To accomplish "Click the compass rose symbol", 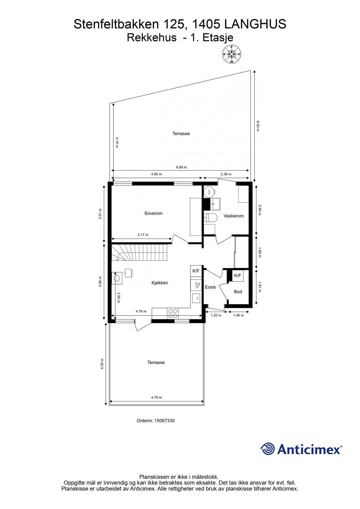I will pos(232,54).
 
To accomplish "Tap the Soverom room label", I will pos(153,213).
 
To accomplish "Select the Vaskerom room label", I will pos(233,216).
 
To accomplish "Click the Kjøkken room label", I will pos(159,283).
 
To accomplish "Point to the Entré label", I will pos(210,287).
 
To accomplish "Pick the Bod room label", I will pos(238,292).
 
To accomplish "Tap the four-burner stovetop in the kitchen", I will pos(173,314).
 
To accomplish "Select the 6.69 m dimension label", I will pos(181,167).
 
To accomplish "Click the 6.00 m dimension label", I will pos(258,126).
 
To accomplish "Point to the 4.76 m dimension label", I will pos(156,397).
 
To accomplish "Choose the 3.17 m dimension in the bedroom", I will pos(143,235).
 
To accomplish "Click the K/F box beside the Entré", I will pos(196,271).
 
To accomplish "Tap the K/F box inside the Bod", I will pos(238,275).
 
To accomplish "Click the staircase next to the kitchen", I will pos(140,253).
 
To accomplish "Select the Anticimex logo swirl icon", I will pos(267,449).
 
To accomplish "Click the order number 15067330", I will pos(156,421).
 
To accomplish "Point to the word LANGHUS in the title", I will pos(255,24).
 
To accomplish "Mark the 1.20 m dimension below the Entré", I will pos(216,315).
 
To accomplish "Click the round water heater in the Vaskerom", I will pos(209,191).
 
